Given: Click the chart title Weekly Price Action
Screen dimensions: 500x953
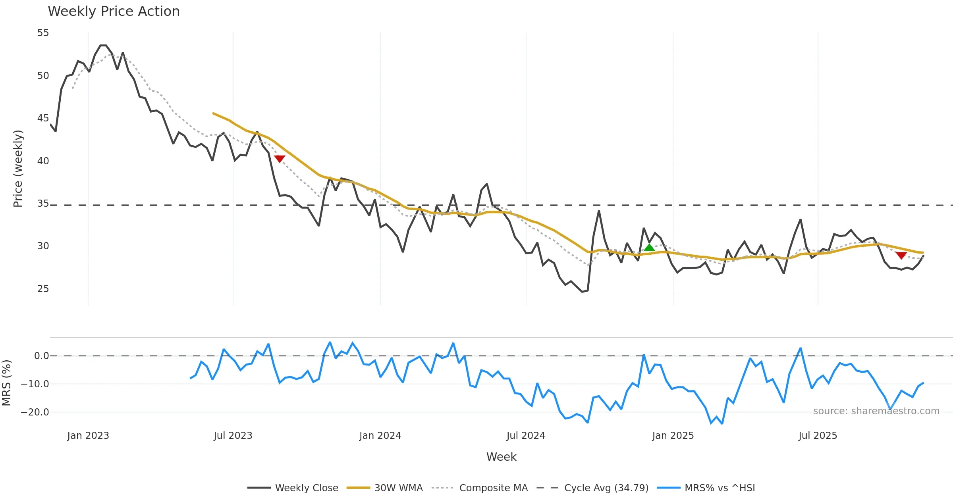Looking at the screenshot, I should tap(114, 12).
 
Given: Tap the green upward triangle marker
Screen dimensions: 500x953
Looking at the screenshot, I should tap(649, 248).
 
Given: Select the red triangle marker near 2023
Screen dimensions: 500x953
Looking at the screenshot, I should tap(280, 159).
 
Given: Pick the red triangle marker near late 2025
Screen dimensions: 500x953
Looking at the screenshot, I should tap(901, 255).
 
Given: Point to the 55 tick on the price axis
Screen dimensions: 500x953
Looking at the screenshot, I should tap(43, 33).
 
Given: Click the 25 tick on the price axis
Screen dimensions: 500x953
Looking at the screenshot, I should tap(43, 289).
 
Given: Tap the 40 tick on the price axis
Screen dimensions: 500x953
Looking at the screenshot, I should tap(43, 161).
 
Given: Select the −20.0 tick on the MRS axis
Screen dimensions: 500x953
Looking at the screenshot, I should tap(35, 412).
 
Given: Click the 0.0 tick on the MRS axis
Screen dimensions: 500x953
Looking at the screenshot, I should tap(41, 356).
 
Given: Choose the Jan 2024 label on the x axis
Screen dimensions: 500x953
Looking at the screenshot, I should tap(380, 436).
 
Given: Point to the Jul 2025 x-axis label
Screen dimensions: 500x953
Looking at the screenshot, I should tap(818, 436).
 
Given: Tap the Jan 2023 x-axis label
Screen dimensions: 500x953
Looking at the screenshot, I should tap(88, 436).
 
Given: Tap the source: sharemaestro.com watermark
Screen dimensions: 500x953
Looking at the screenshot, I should tap(876, 411).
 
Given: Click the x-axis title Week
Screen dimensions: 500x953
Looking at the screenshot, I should tap(501, 457).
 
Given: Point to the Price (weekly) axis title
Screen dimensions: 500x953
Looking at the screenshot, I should tap(18, 169).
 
